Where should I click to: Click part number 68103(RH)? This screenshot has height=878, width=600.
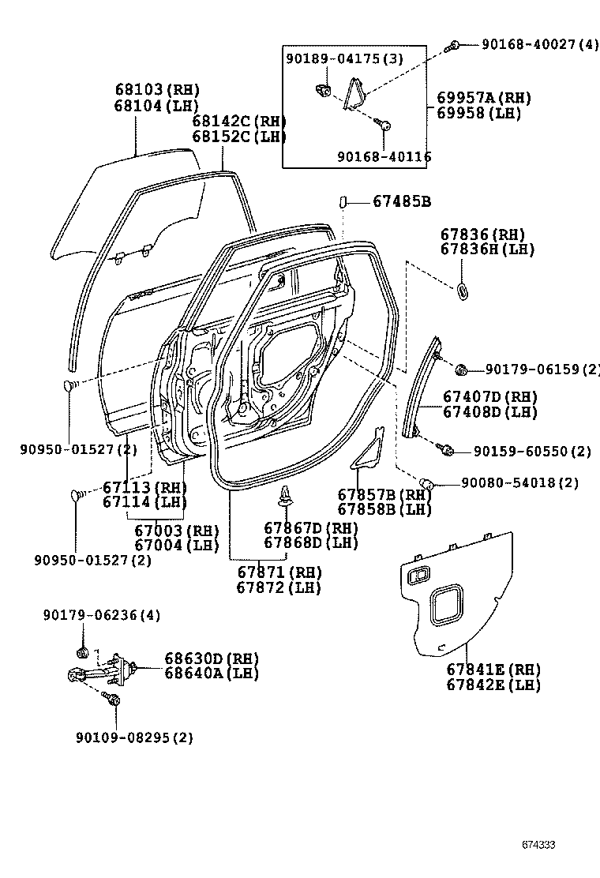tap(156, 90)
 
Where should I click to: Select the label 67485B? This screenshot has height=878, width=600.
tap(401, 202)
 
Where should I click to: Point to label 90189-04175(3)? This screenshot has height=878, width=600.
tap(344, 59)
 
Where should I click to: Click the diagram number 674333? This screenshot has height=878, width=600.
tap(538, 845)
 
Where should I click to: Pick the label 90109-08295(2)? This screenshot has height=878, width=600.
tap(134, 737)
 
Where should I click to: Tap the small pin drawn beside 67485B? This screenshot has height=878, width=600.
tap(343, 202)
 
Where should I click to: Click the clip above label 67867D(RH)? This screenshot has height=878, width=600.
tap(285, 497)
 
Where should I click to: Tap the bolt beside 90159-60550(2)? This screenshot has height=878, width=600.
tap(447, 450)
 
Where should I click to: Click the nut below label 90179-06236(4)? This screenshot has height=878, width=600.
tap(82, 652)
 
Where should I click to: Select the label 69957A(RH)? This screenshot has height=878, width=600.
tap(483, 98)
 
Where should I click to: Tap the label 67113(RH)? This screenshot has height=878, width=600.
tap(144, 487)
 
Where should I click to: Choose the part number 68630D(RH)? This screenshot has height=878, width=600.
tap(212, 658)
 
